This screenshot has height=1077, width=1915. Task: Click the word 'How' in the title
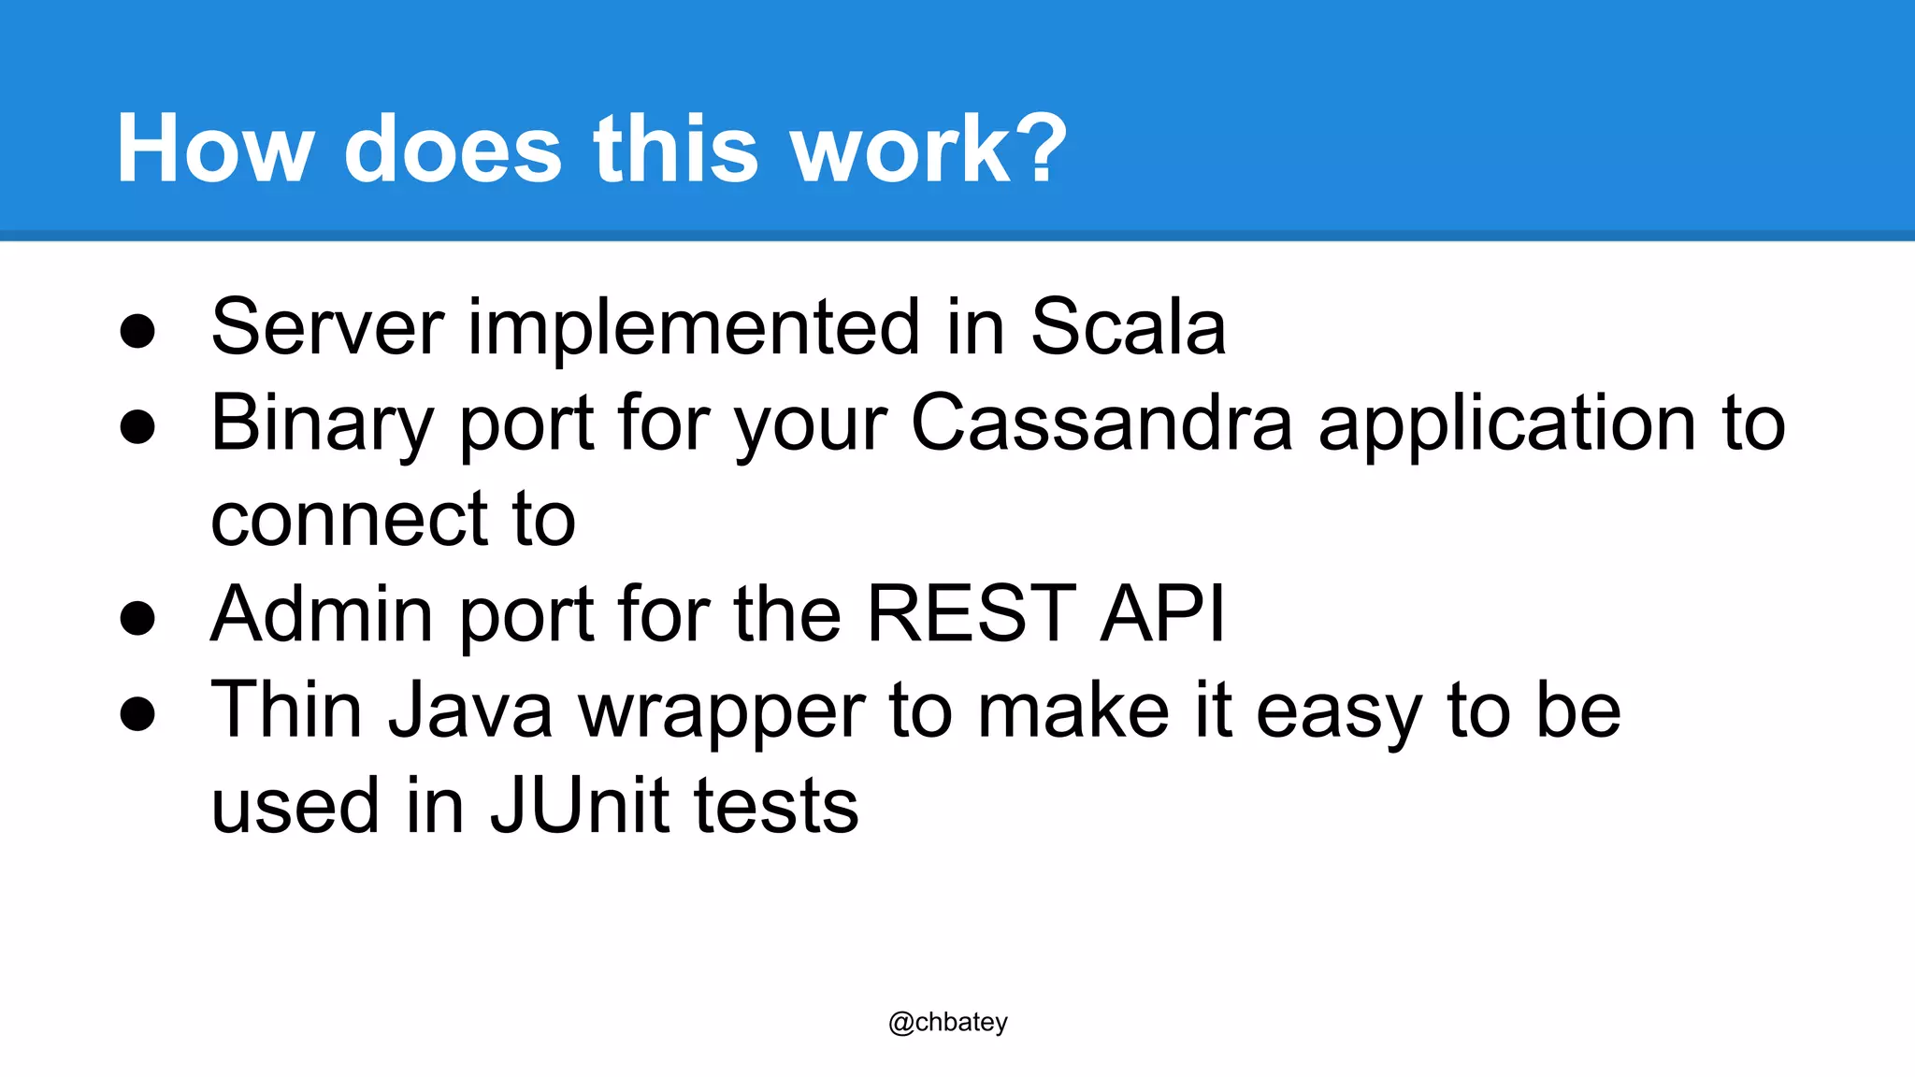pyautogui.click(x=214, y=150)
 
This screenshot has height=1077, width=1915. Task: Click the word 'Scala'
pyautogui.click(x=1128, y=327)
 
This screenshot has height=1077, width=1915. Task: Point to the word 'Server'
pyautogui.click(x=327, y=327)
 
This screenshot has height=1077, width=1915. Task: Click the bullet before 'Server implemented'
pyautogui.click(x=137, y=331)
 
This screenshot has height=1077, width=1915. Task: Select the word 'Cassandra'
pyautogui.click(x=1101, y=423)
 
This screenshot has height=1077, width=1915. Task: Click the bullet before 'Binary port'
pyautogui.click(x=137, y=427)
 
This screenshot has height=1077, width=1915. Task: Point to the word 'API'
pyautogui.click(x=1162, y=614)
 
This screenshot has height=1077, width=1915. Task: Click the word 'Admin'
pyautogui.click(x=322, y=614)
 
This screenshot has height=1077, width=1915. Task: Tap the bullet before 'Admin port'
pyautogui.click(x=137, y=618)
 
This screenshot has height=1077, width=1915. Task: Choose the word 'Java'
pyautogui.click(x=470, y=711)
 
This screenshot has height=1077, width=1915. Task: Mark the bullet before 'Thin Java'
pyautogui.click(x=137, y=714)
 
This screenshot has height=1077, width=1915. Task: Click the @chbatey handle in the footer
pyautogui.click(x=947, y=1022)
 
